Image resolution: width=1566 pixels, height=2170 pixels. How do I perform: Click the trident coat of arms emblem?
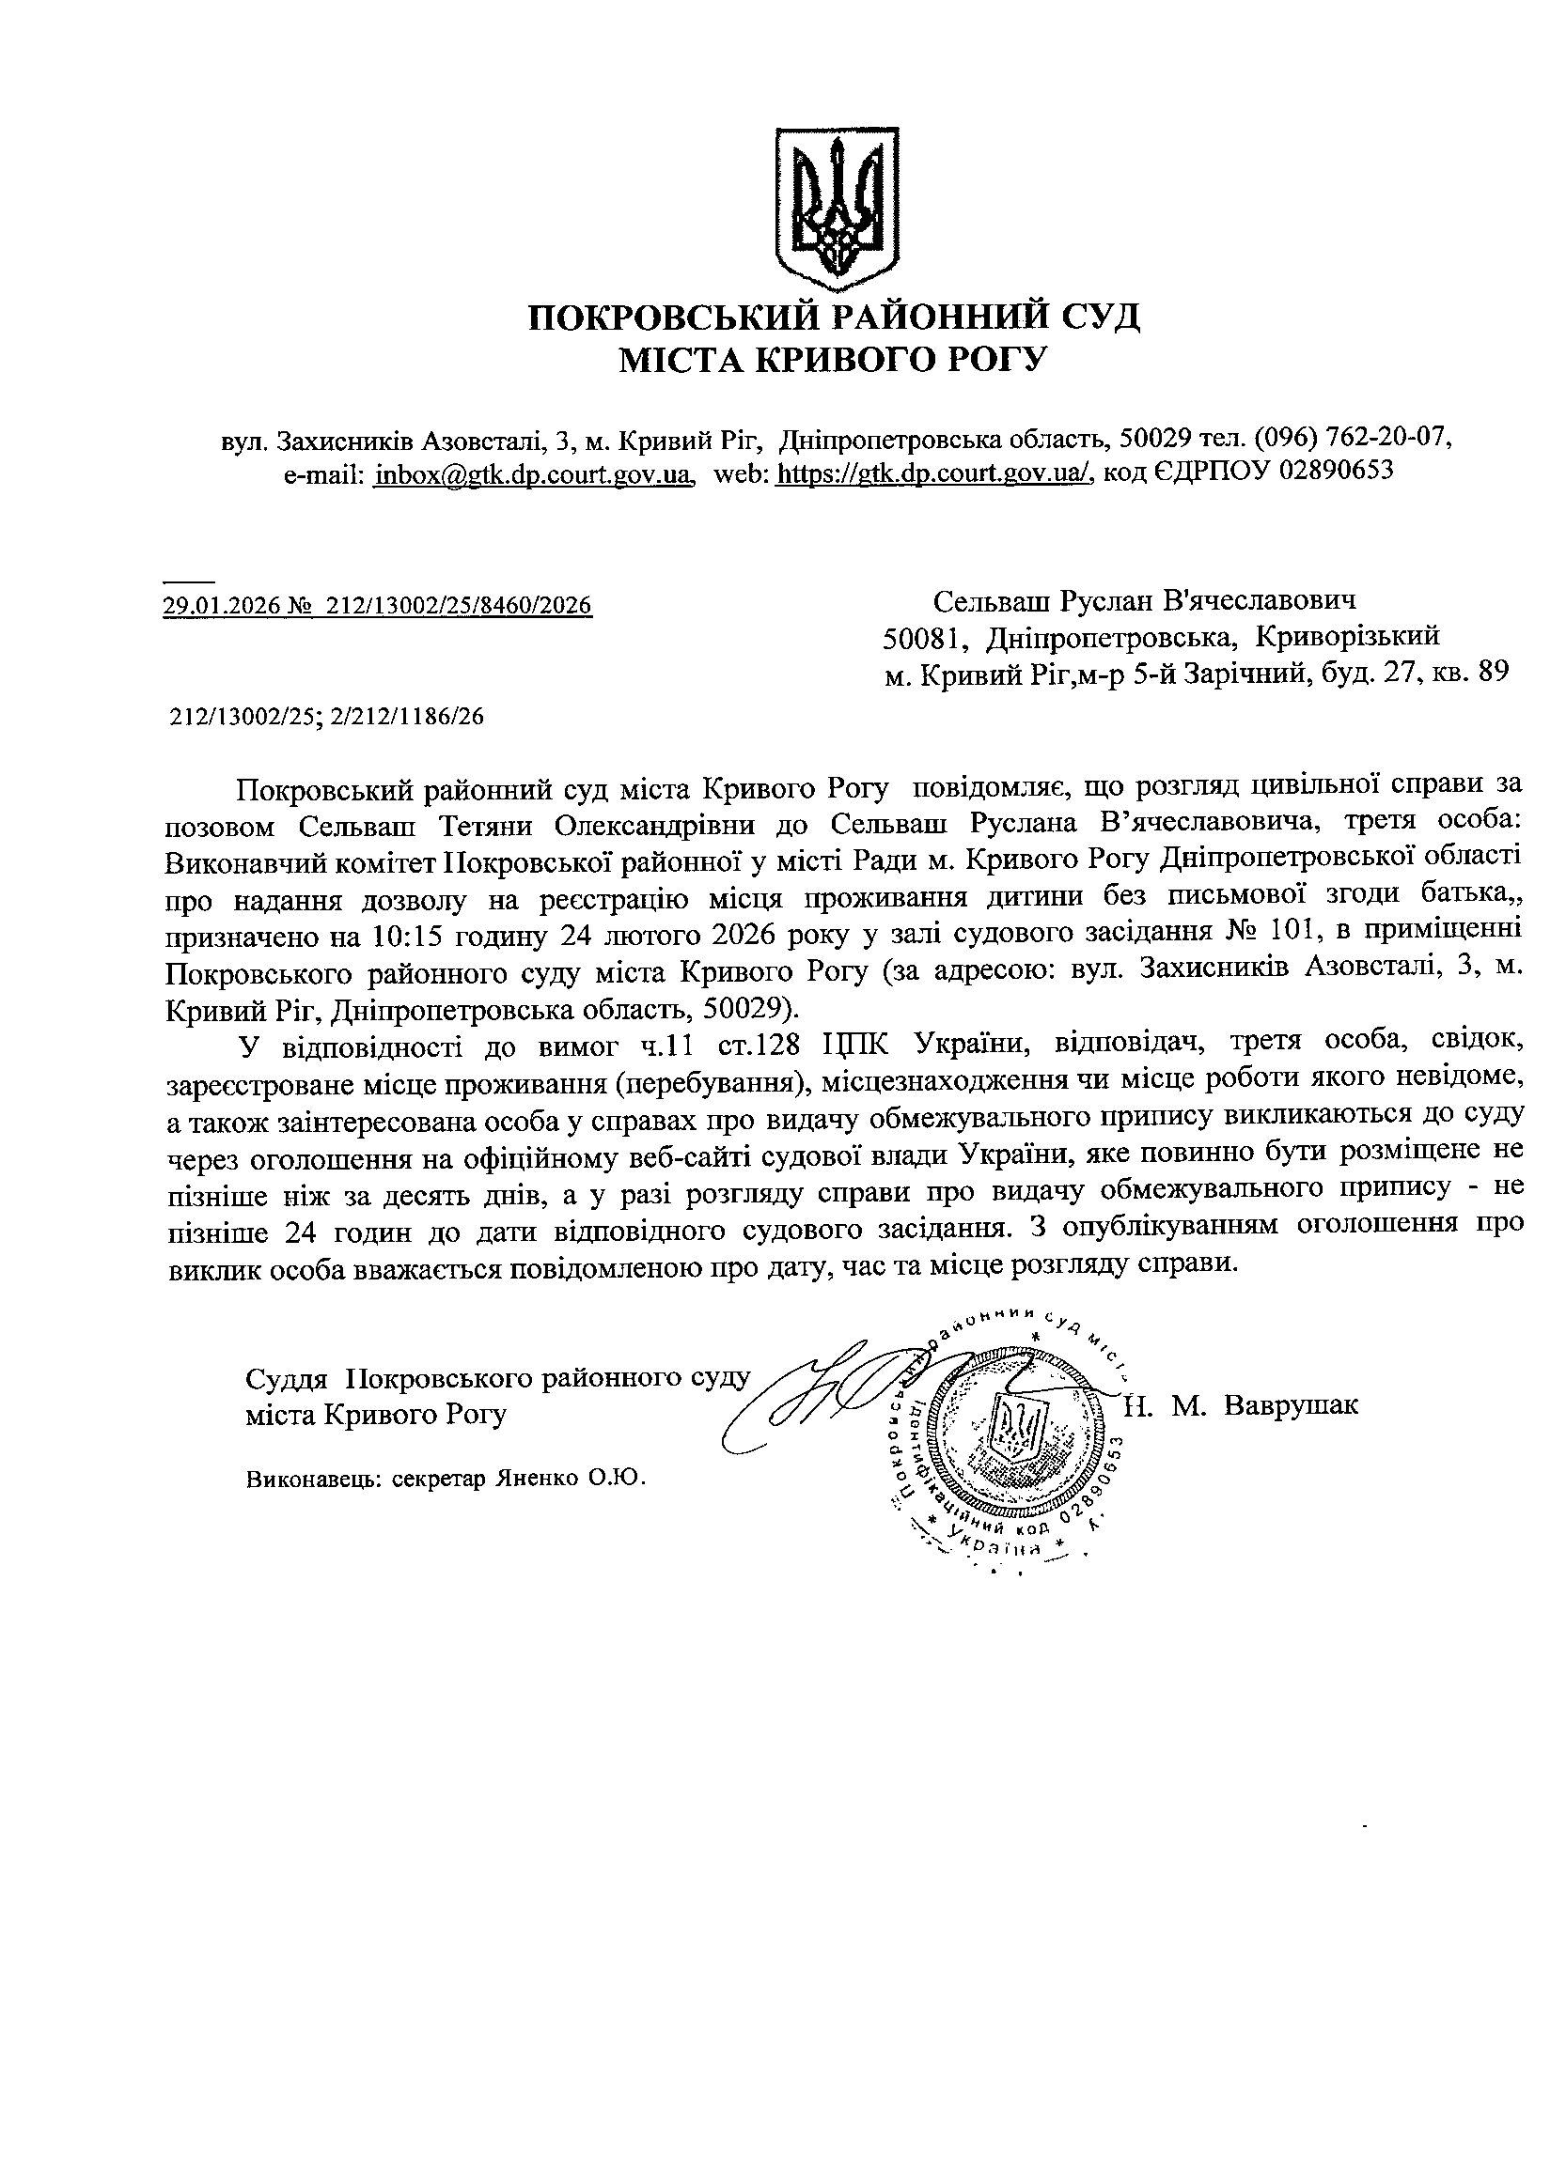click(837, 209)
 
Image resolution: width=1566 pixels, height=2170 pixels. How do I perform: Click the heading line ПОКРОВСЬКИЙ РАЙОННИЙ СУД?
click(835, 317)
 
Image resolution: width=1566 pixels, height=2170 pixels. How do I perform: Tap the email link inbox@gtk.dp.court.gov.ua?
click(533, 473)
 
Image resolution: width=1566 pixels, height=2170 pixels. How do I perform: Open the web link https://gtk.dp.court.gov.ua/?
click(933, 473)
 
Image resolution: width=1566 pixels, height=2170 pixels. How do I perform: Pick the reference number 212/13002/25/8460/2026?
click(460, 605)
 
